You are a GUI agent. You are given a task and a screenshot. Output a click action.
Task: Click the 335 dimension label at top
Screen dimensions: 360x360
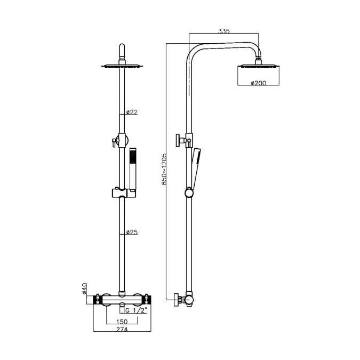(x=224, y=31)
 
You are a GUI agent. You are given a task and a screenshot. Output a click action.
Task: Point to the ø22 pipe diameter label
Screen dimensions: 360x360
(x=132, y=112)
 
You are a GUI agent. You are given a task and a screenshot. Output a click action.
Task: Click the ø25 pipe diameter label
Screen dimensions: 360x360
(x=132, y=233)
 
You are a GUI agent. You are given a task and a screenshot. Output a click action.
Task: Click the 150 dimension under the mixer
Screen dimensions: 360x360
(x=122, y=322)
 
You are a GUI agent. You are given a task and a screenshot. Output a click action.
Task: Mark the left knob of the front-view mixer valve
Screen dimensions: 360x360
(x=100, y=300)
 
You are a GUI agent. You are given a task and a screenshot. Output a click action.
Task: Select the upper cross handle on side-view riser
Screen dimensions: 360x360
(x=179, y=141)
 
